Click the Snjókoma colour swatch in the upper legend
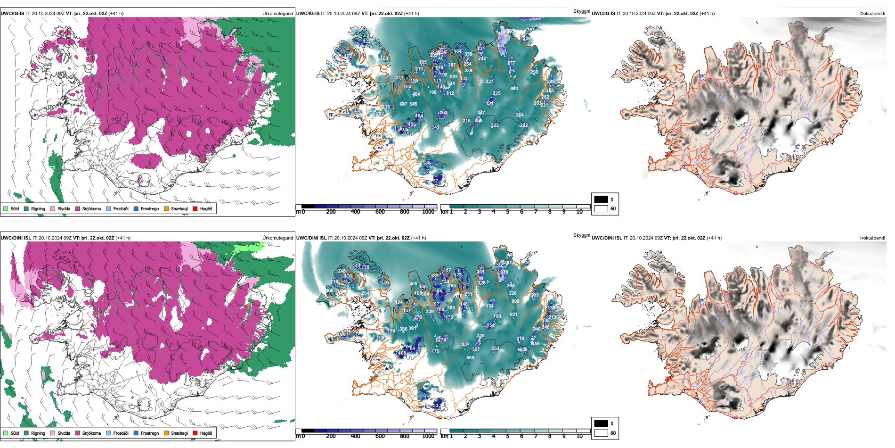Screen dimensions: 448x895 point(78,208)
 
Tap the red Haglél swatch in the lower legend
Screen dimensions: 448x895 point(195,433)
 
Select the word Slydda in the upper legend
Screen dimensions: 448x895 point(64,208)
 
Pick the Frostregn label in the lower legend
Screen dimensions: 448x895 point(150,433)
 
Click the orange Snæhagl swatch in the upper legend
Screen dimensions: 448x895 point(166,208)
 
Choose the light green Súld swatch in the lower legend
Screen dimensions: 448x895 point(6,433)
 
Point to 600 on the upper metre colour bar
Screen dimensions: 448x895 point(380,212)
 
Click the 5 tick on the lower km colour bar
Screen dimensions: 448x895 point(508,436)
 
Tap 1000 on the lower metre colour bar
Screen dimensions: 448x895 point(428,436)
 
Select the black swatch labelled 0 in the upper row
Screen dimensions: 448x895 point(601,199)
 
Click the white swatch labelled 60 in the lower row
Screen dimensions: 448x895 point(601,433)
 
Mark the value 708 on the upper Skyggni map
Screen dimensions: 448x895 point(432,92)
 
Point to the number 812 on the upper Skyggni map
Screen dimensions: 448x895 point(450,93)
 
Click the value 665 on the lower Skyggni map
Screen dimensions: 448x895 point(470,358)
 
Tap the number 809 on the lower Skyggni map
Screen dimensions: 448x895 point(515,301)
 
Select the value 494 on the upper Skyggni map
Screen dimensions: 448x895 point(514,89)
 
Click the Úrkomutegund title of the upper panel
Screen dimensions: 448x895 point(277,14)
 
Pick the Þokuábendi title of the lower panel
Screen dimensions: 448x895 point(872,238)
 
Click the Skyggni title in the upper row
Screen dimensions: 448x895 point(581,11)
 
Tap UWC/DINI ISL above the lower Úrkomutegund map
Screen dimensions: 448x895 point(16,238)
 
